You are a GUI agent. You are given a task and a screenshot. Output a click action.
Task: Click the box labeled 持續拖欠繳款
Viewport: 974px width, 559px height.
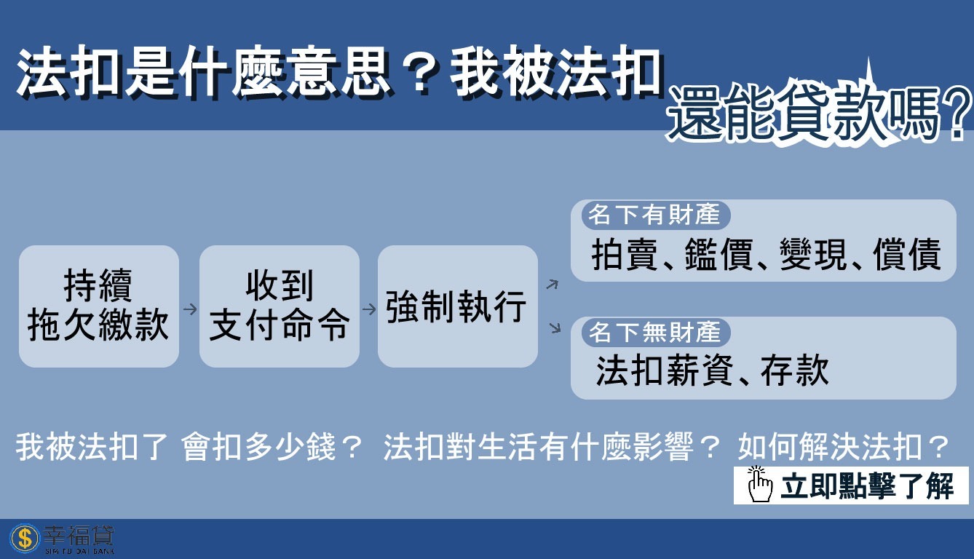99,306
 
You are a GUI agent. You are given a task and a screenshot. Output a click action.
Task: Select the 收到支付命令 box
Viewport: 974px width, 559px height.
280,306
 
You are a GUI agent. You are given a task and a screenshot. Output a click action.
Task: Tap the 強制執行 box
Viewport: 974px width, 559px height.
457,306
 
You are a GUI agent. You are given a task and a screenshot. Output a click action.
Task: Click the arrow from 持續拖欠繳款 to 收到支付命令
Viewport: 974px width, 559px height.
190,309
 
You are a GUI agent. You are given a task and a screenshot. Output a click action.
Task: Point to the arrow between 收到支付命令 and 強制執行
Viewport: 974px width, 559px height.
369,309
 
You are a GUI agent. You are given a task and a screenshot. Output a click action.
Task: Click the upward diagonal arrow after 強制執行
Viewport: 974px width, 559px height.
553,284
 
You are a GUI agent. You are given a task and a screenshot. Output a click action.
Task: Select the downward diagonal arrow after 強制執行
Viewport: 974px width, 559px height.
555,328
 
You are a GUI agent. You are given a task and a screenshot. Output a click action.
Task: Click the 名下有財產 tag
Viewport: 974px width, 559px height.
654,215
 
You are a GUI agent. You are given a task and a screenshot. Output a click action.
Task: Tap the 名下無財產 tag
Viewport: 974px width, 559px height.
654,333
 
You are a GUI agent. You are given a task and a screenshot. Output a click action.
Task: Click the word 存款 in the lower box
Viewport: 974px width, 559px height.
795,370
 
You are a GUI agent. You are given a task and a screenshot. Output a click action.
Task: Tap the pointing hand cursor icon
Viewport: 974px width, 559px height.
759,485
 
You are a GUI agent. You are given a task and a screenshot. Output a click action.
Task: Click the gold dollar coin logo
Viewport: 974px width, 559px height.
24,539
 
